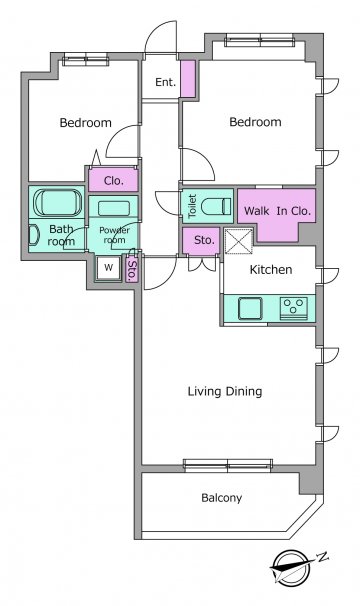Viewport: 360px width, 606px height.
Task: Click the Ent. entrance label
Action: tap(165, 82)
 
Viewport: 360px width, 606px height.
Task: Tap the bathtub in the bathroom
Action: tap(58, 203)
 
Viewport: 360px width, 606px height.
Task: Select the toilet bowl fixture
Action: tap(217, 206)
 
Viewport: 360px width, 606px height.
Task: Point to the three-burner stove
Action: tap(294, 308)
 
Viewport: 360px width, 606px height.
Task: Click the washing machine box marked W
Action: tap(109, 267)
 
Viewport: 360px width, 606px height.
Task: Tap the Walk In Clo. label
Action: tap(277, 211)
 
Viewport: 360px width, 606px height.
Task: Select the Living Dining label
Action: tap(225, 391)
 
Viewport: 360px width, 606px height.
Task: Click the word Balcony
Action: tap(222, 498)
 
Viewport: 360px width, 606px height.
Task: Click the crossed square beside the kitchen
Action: tap(239, 242)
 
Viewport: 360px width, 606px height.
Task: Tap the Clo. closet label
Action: tap(113, 180)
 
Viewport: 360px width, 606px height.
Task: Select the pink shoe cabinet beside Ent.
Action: tap(188, 79)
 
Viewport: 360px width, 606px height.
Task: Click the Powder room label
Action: tap(114, 235)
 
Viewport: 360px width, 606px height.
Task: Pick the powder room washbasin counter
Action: tap(113, 208)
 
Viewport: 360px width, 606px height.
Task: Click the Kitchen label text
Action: tap(271, 269)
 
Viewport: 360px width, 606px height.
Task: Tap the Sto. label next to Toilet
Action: tap(204, 240)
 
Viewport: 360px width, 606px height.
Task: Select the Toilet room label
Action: tap(192, 206)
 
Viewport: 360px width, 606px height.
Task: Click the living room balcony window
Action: tap(228, 465)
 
